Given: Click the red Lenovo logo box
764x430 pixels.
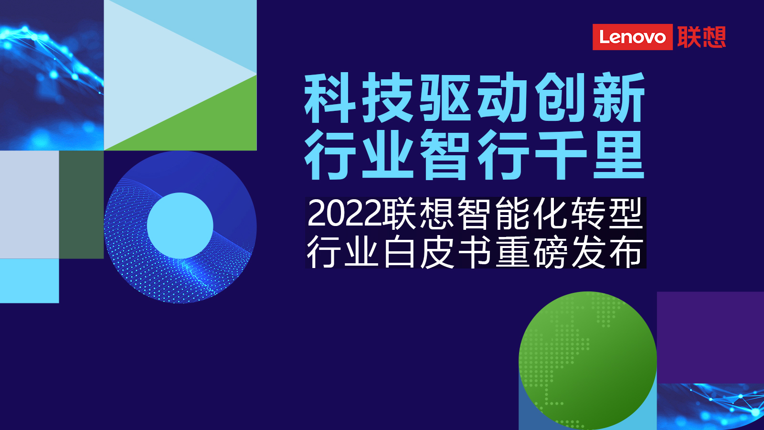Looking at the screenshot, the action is click(632, 37).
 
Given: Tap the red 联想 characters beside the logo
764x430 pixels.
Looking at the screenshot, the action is click(701, 37).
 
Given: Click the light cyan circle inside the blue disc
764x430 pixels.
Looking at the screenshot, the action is click(180, 226).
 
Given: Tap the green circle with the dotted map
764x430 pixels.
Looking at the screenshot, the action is click(588, 360).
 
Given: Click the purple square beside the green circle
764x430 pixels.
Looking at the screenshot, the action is click(711, 337).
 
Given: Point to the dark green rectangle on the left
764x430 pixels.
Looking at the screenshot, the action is click(81, 204).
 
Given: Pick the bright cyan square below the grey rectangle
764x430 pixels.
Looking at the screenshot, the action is click(29, 281).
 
